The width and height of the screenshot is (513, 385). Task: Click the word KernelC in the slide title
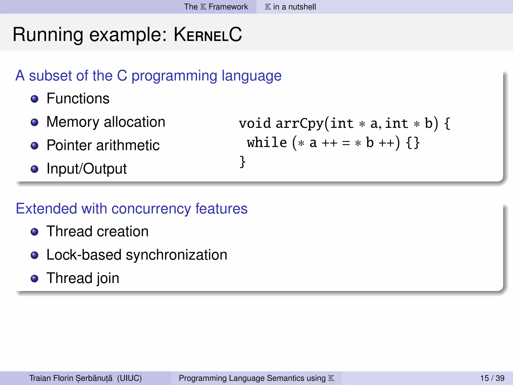pyautogui.click(x=208, y=35)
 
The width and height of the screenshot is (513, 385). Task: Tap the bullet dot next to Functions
pyautogui.click(x=34, y=99)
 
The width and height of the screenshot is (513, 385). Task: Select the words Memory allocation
pyautogui.click(x=106, y=122)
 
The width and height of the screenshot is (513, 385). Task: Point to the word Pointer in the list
pyautogui.click(x=70, y=145)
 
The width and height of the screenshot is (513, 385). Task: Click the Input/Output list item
pyautogui.click(x=86, y=169)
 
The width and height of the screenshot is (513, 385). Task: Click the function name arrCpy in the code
pyautogui.click(x=300, y=124)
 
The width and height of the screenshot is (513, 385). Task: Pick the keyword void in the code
pyautogui.click(x=255, y=124)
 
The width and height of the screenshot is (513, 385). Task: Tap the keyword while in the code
pyautogui.click(x=267, y=143)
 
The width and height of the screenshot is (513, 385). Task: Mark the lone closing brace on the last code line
pyautogui.click(x=242, y=162)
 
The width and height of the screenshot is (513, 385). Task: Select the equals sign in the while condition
pyautogui.click(x=346, y=143)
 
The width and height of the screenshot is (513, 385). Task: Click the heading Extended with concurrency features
pyautogui.click(x=132, y=209)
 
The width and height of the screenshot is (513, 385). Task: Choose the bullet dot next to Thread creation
pyautogui.click(x=34, y=232)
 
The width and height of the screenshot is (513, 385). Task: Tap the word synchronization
pyautogui.click(x=176, y=255)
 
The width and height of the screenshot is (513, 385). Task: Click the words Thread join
pyautogui.click(x=83, y=278)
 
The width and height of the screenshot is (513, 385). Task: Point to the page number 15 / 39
pyautogui.click(x=492, y=378)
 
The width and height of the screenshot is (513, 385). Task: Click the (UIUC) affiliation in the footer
pyautogui.click(x=129, y=378)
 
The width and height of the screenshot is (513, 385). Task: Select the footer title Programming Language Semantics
pyautogui.click(x=252, y=378)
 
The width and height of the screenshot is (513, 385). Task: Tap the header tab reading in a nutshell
pyautogui.click(x=294, y=7)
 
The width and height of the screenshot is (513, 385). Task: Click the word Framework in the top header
pyautogui.click(x=228, y=7)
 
